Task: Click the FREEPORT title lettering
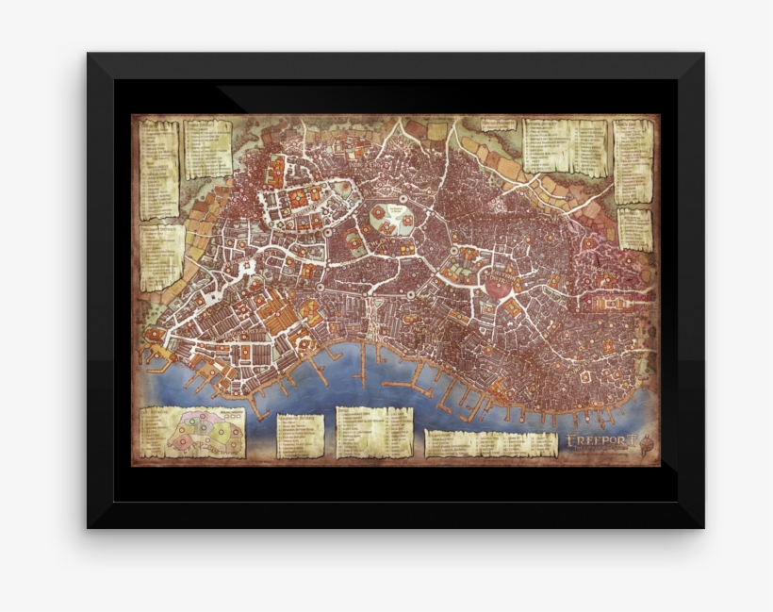[603, 440]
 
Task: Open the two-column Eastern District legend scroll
[563, 146]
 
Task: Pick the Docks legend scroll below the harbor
[374, 432]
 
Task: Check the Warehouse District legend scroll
[300, 437]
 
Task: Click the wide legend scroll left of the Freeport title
[490, 444]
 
